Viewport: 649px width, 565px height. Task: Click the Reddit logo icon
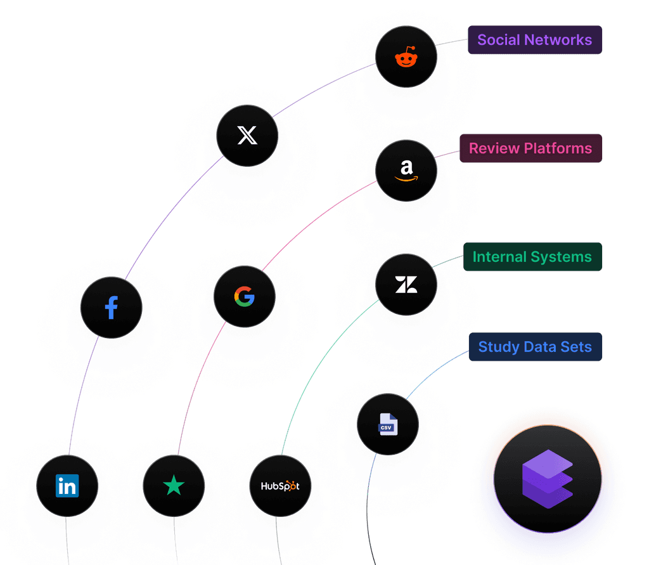[x=406, y=56]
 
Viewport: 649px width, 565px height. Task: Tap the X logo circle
[x=247, y=136]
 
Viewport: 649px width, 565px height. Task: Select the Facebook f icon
[x=112, y=308]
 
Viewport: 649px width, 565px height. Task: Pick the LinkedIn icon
[x=67, y=486]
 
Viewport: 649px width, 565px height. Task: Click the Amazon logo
[x=406, y=170]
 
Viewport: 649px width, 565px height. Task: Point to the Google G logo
[x=244, y=297]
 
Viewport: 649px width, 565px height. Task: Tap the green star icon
[x=174, y=486]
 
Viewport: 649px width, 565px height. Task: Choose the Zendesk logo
[x=406, y=285]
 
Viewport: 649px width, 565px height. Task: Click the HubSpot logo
[x=280, y=486]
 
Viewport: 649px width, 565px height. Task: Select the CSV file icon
[x=388, y=424]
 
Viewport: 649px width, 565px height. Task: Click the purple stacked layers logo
[x=548, y=479]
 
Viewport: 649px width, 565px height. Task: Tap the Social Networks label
[x=535, y=40]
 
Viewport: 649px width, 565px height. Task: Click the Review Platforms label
[x=530, y=148]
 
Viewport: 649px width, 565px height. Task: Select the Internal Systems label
[x=532, y=257]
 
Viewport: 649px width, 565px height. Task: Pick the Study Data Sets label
[x=535, y=347]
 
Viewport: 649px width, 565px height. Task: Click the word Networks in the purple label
[x=558, y=40]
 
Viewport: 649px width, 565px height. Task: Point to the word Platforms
[x=558, y=148]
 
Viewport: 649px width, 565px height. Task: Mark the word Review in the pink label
[x=494, y=148]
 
